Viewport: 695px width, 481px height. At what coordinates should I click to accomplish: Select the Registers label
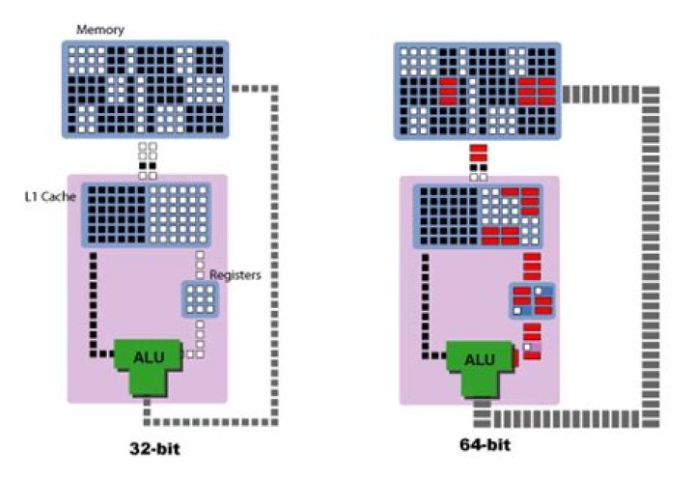236,273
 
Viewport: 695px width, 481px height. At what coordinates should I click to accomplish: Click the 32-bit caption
155,449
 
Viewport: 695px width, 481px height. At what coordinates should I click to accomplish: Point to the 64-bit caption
484,445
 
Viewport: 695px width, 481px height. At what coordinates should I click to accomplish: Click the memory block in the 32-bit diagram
144,89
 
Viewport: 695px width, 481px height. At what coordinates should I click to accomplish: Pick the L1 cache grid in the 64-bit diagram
477,213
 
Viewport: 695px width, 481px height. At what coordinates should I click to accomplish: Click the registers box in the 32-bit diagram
201,299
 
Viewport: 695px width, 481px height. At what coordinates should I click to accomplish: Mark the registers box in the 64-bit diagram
532,300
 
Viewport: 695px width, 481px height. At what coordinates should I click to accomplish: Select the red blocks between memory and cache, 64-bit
478,157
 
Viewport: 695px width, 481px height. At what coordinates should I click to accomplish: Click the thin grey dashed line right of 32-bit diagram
276,251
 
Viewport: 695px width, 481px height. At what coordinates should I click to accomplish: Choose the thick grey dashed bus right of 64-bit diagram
651,251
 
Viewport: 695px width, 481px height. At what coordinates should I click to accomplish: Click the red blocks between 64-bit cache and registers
531,267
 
